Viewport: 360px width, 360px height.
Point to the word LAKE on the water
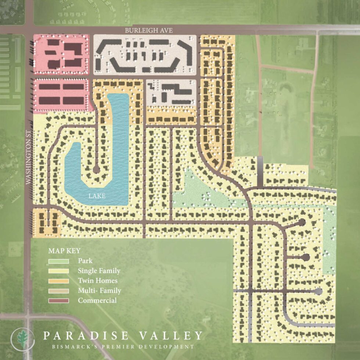tap(97, 196)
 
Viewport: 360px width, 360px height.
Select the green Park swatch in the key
tap(58, 261)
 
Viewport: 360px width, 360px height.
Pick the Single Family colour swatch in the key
tap(58, 271)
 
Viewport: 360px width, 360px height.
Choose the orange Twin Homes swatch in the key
tap(58, 281)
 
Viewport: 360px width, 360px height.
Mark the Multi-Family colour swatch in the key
tap(58, 291)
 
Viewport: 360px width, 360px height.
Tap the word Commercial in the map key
tap(97, 300)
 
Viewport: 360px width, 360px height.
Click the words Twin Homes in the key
tap(96, 281)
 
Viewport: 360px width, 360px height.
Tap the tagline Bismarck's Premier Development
tap(123, 346)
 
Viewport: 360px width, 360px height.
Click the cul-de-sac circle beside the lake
tap(96, 169)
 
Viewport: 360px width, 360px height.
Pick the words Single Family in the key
tap(99, 271)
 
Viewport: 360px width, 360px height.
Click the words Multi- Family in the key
tap(99, 291)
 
